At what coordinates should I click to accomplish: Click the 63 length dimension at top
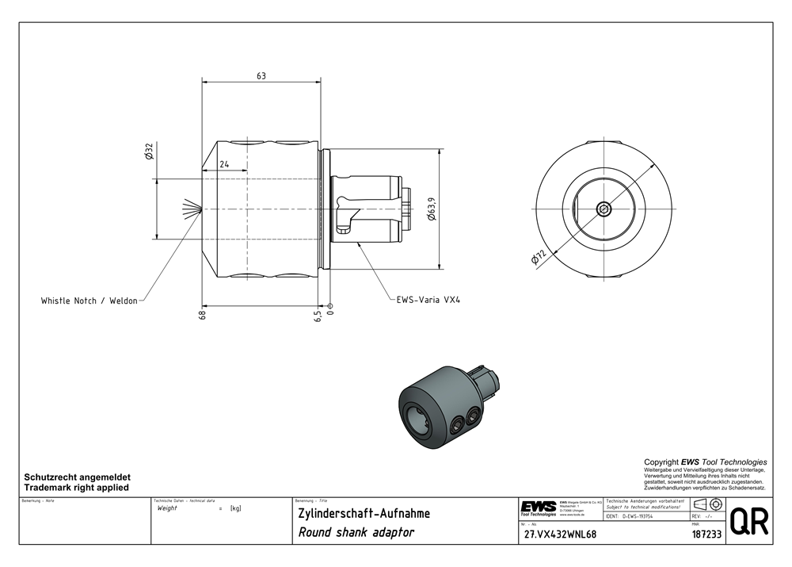click(261, 76)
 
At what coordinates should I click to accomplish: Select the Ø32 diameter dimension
click(149, 151)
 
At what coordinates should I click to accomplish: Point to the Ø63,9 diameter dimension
click(431, 209)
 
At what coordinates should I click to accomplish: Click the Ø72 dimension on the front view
click(539, 259)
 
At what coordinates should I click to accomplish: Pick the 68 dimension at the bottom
click(203, 315)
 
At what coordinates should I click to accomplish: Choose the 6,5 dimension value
click(318, 315)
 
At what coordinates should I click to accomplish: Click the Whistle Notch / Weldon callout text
click(89, 301)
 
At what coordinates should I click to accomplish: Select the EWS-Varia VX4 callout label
click(428, 301)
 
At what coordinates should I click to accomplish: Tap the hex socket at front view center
click(605, 209)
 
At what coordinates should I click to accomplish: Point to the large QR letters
click(748, 523)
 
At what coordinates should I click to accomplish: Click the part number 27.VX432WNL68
click(560, 534)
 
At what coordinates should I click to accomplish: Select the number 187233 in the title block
click(706, 534)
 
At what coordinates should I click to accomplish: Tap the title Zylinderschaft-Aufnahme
click(364, 513)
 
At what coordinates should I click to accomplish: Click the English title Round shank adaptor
click(356, 533)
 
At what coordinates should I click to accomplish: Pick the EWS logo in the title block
click(538, 507)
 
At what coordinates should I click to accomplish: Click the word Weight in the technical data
click(167, 508)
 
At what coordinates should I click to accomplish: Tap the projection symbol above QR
click(707, 505)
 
